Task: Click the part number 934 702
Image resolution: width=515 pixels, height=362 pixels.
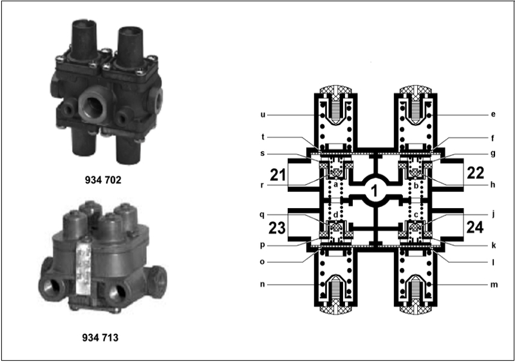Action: (103, 180)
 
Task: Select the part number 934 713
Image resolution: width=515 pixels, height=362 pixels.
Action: (100, 338)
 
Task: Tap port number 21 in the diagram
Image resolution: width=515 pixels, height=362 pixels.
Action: (278, 175)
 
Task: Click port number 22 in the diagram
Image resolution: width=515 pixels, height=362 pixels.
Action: (475, 173)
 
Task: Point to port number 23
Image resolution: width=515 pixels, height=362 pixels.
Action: (277, 227)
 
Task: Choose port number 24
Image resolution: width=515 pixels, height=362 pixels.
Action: (475, 227)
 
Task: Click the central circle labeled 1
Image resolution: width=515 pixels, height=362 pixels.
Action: (374, 191)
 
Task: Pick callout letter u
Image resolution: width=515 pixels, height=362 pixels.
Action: (263, 115)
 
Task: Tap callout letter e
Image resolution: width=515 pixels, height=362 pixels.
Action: (493, 114)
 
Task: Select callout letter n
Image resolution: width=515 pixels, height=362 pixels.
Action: (262, 284)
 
